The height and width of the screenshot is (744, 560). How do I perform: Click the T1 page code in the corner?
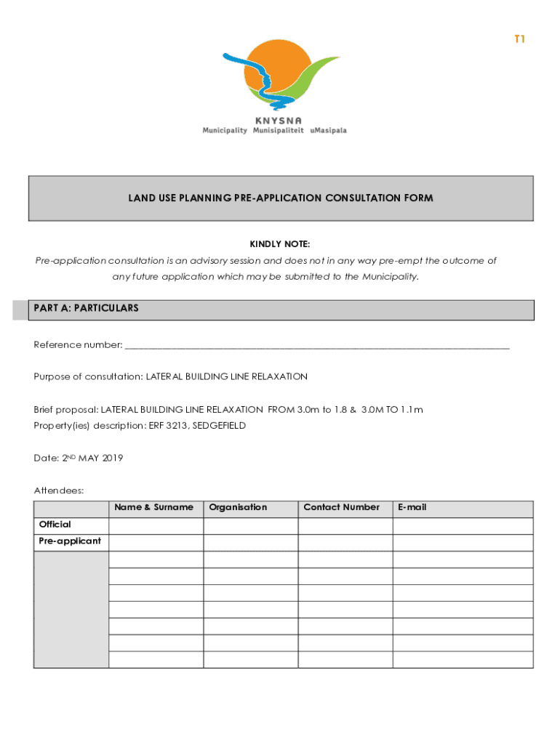click(x=519, y=39)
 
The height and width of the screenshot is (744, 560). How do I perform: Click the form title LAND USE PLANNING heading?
click(x=281, y=198)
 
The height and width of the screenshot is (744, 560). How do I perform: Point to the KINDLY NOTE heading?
click(x=280, y=244)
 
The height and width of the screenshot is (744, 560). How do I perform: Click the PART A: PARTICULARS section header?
click(x=86, y=309)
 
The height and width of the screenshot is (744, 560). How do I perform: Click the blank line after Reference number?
click(x=317, y=345)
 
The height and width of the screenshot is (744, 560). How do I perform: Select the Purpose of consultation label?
click(x=88, y=376)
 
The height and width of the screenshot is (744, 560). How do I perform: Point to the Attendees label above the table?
click(x=59, y=490)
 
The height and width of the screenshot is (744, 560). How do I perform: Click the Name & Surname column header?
click(x=154, y=507)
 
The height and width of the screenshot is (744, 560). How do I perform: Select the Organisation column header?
click(x=238, y=507)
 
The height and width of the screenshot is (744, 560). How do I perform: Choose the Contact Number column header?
click(x=341, y=507)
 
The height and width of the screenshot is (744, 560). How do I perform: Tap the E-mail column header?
click(x=412, y=507)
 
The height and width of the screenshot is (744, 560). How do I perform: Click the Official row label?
click(x=55, y=525)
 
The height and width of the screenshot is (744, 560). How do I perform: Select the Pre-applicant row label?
click(x=70, y=541)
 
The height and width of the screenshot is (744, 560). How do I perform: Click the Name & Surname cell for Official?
click(x=156, y=525)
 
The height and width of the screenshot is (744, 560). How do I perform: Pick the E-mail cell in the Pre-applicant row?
click(x=463, y=542)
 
